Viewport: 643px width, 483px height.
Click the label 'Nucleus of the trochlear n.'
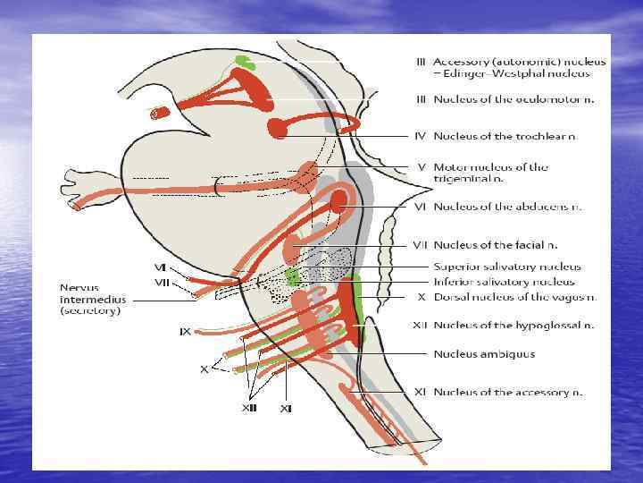tap(505, 136)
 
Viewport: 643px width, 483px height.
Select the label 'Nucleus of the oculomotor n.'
tap(513, 99)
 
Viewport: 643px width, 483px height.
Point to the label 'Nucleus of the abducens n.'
tap(507, 207)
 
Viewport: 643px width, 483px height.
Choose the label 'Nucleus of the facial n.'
tap(496, 244)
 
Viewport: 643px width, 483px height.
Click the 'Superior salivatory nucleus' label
tap(506, 267)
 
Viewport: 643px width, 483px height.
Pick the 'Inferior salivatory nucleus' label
tap(505, 282)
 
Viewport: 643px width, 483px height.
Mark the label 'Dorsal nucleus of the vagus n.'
tap(514, 297)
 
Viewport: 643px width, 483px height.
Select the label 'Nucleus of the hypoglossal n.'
tap(514, 326)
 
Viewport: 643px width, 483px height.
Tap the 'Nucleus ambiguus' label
tap(484, 353)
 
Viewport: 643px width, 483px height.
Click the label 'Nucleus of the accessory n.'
tap(507, 392)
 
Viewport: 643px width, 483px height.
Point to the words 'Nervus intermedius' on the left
tap(92, 293)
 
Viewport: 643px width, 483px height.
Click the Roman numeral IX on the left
tap(185, 332)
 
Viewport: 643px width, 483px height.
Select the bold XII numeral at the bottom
tap(250, 408)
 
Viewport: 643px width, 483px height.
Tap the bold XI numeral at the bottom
tap(286, 408)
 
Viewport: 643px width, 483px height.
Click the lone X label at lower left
tap(204, 369)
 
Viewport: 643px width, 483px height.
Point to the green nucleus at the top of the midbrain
tap(241, 62)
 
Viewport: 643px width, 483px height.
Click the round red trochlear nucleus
tap(278, 129)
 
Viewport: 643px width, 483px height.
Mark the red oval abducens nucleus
tap(338, 202)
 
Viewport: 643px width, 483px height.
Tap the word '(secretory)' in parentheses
tap(91, 312)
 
